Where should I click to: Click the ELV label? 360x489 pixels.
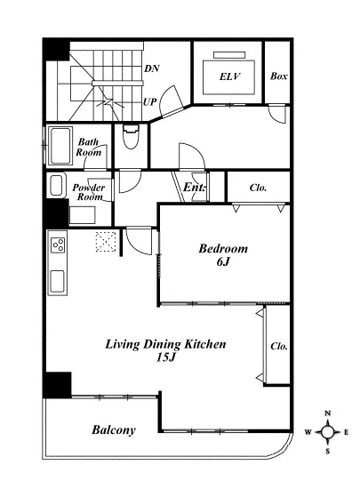pos(230,76)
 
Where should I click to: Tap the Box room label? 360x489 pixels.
pos(278,76)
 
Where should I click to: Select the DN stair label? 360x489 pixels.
pos(152,68)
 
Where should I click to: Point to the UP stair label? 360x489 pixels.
pos(149,102)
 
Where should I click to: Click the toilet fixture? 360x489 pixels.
pos(131,137)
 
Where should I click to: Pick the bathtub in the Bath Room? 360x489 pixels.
pos(60,145)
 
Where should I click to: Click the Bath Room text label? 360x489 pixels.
pos(89,148)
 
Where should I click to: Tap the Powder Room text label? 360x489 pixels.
pos(89,192)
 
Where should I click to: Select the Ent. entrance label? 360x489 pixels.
pos(194,187)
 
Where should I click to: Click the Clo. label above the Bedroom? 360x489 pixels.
pos(258,188)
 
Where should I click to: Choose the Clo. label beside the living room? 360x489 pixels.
pos(279,346)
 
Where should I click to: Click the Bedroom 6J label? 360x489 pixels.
pos(223,255)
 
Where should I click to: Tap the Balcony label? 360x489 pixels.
pos(114,430)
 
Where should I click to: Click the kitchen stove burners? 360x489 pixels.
pos(59,244)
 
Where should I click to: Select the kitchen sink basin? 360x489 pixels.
pos(58,282)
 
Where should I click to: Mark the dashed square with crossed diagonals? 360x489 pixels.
pos(106,241)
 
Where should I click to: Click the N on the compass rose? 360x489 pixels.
pos(328,413)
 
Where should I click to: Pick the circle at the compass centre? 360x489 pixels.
pos(328,432)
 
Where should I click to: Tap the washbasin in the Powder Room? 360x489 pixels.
pos(56,185)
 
